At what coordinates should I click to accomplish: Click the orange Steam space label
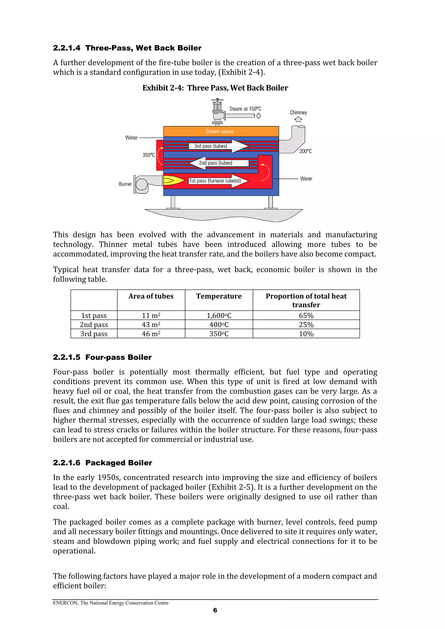220,132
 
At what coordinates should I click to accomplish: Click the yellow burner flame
173,180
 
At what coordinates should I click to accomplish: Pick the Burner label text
125,184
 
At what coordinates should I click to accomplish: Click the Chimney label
298,113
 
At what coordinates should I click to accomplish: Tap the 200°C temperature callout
305,151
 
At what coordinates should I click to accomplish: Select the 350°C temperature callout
148,155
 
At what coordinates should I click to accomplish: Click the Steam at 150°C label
245,109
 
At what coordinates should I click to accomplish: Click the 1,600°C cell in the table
219,316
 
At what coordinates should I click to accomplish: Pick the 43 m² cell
151,325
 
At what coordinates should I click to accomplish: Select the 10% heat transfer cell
306,334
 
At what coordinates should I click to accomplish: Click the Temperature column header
219,296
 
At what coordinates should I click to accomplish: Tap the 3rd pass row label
94,334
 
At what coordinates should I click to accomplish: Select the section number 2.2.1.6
67,463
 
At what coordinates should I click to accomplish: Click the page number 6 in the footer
215,610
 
